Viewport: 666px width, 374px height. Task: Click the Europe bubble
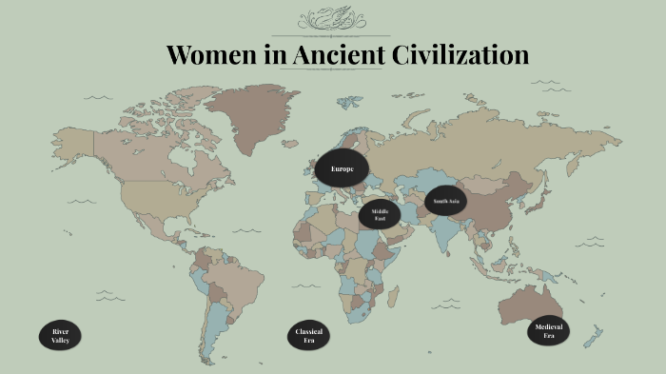[x=342, y=168]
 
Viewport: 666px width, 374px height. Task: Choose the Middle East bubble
[x=380, y=214]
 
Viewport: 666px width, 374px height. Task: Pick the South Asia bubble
[x=446, y=201]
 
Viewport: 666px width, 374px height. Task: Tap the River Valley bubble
[x=60, y=335]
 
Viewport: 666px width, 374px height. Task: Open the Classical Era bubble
[x=308, y=335]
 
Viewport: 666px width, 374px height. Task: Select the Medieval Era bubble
[x=549, y=330]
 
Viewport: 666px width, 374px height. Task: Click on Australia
[x=536, y=304]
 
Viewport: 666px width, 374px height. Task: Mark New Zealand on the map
[x=594, y=336]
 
